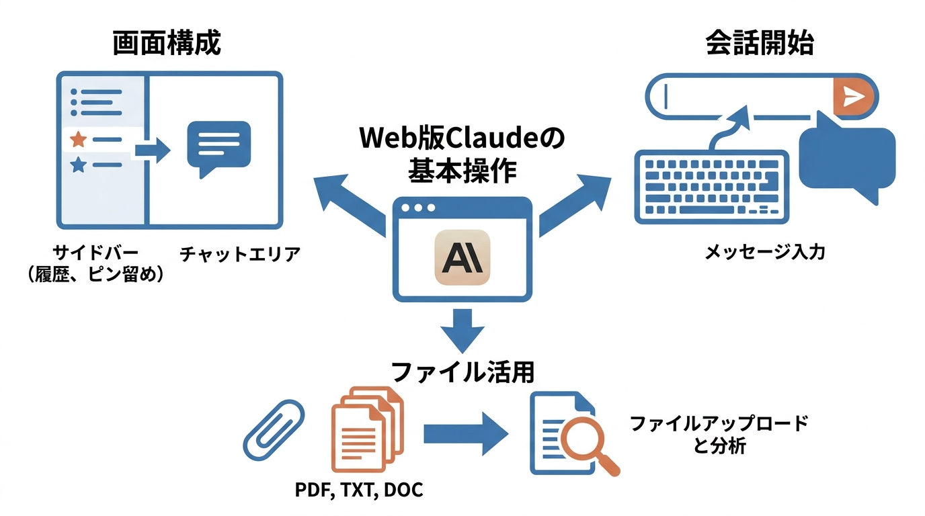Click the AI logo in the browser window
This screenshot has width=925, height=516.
coord(462,257)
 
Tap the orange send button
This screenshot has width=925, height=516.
coord(853,97)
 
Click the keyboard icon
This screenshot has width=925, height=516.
coord(712,186)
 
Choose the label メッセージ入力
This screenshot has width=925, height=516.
coord(764,253)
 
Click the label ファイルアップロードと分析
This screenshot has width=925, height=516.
coord(719,435)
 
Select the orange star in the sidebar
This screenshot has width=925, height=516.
coord(78,140)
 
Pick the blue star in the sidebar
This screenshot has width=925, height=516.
coord(78,165)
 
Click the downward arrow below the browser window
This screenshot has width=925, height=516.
coord(462,329)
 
